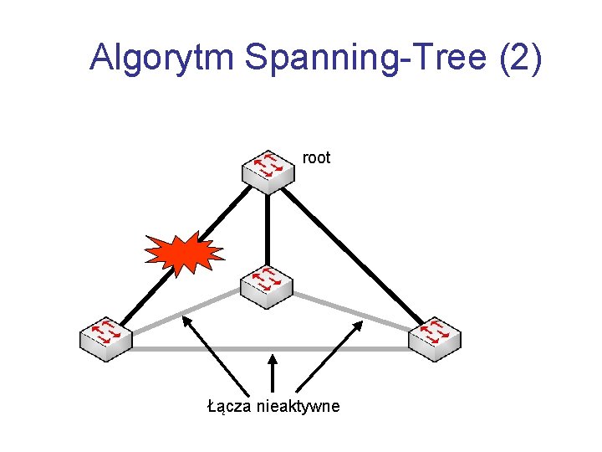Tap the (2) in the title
520,58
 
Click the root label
316,157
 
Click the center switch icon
267,287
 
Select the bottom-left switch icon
106,339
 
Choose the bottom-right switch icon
435,339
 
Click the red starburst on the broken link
183,253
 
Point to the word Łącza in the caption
228,407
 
